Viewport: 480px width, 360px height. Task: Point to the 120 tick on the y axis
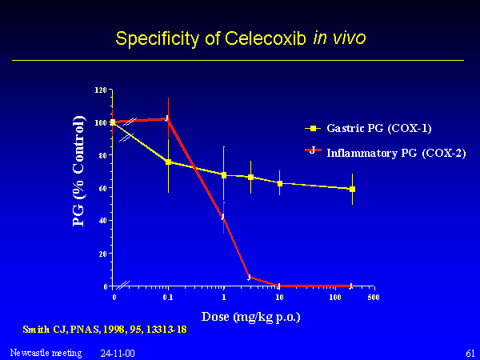(100, 90)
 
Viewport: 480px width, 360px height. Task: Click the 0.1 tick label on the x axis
(168, 298)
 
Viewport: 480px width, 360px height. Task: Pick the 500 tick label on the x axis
(373, 298)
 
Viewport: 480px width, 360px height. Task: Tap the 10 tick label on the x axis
(279, 298)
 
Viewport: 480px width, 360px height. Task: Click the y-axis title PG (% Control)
(78, 170)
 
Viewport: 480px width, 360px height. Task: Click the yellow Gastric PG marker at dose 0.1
(168, 162)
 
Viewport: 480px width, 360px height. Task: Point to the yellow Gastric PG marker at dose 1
(224, 174)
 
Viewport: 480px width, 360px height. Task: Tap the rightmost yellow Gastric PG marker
(352, 190)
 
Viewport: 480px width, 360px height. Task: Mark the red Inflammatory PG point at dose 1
(224, 217)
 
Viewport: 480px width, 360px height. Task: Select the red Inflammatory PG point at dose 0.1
(168, 118)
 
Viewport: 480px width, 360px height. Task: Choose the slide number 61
(469, 353)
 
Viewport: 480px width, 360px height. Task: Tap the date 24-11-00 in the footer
(118, 353)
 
